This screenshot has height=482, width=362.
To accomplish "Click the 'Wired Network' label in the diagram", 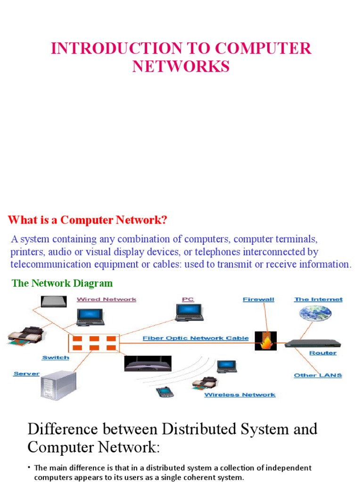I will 107,299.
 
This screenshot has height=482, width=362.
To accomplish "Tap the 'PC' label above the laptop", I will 188,299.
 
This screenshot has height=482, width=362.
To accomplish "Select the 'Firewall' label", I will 258,299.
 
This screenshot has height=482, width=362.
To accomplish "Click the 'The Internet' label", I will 318,299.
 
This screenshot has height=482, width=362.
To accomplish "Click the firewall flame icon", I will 265,341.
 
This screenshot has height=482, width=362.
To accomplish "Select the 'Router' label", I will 323,353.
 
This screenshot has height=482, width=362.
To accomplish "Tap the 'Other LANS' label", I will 318,375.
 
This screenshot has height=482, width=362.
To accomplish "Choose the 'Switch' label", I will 56,358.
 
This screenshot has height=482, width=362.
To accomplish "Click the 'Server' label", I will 26,374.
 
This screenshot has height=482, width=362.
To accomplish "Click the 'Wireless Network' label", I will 239,395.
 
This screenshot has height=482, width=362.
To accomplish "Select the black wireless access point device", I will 148,363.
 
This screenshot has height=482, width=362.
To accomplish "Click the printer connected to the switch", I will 26,335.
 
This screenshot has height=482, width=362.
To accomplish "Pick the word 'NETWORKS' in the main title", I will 181,67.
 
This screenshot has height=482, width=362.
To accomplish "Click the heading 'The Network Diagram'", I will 62,283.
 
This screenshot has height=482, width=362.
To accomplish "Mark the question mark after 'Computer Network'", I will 165,220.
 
